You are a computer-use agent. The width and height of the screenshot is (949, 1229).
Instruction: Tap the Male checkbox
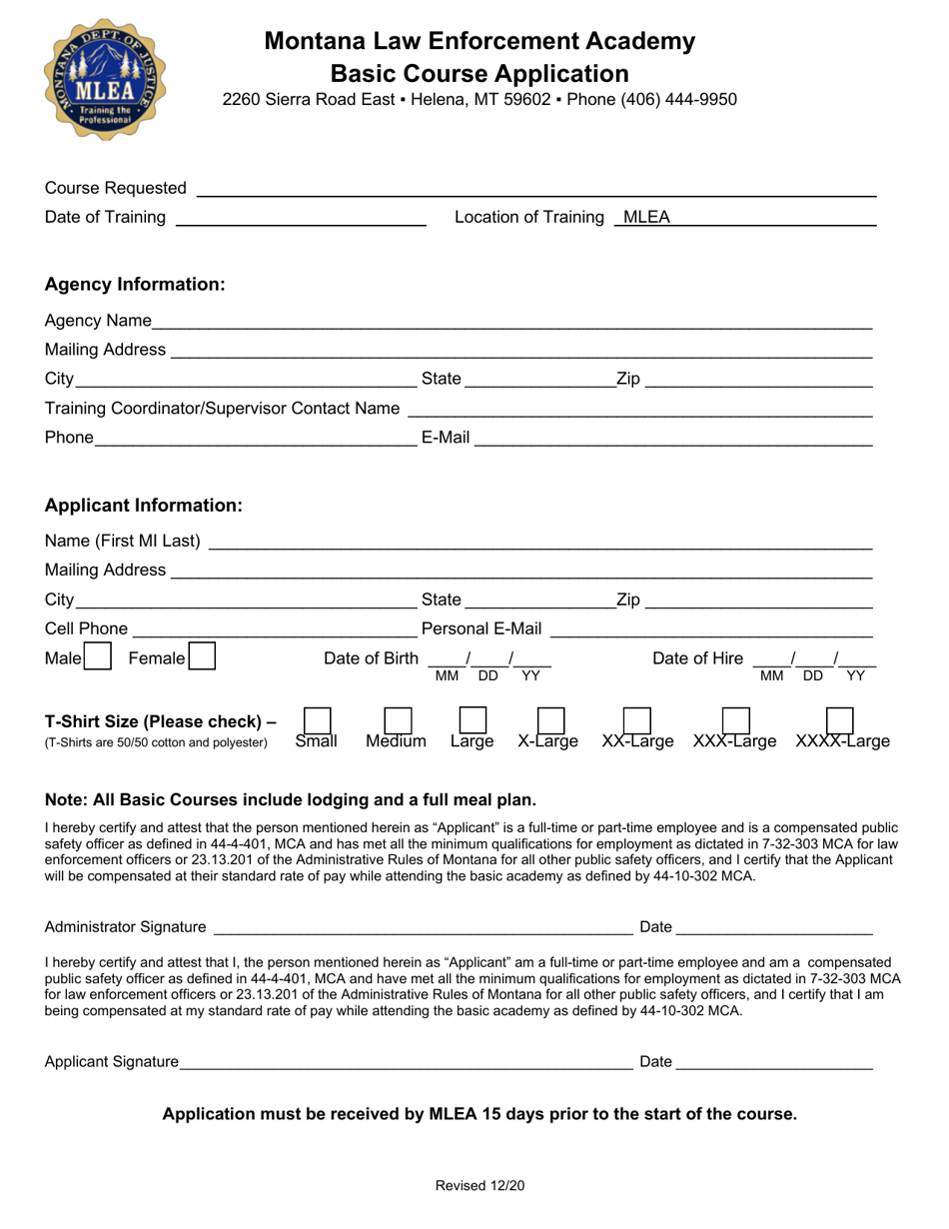pos(97,658)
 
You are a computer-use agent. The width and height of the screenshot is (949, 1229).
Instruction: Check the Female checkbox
pos(203,658)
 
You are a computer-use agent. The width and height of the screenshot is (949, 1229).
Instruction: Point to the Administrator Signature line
pos(421,928)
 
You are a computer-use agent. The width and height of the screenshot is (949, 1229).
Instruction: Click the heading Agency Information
pos(136,285)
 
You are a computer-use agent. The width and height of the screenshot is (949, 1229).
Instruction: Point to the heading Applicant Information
pos(144,506)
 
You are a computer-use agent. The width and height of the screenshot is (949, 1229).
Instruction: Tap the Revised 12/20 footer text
pos(479,1186)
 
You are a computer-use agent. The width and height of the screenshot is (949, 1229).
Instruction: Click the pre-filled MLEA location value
pos(646,219)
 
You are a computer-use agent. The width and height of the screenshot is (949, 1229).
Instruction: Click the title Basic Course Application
pos(479,74)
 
